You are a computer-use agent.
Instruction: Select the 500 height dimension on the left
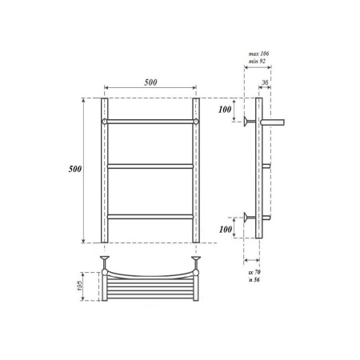[74, 170]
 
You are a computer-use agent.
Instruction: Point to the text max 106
[258, 53]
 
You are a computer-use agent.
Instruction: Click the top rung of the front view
[150, 122]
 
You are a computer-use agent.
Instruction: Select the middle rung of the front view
[150, 166]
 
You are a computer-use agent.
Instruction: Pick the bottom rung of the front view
[150, 216]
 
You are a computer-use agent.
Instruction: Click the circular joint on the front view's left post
[104, 122]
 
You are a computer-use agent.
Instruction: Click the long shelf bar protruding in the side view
[273, 122]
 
